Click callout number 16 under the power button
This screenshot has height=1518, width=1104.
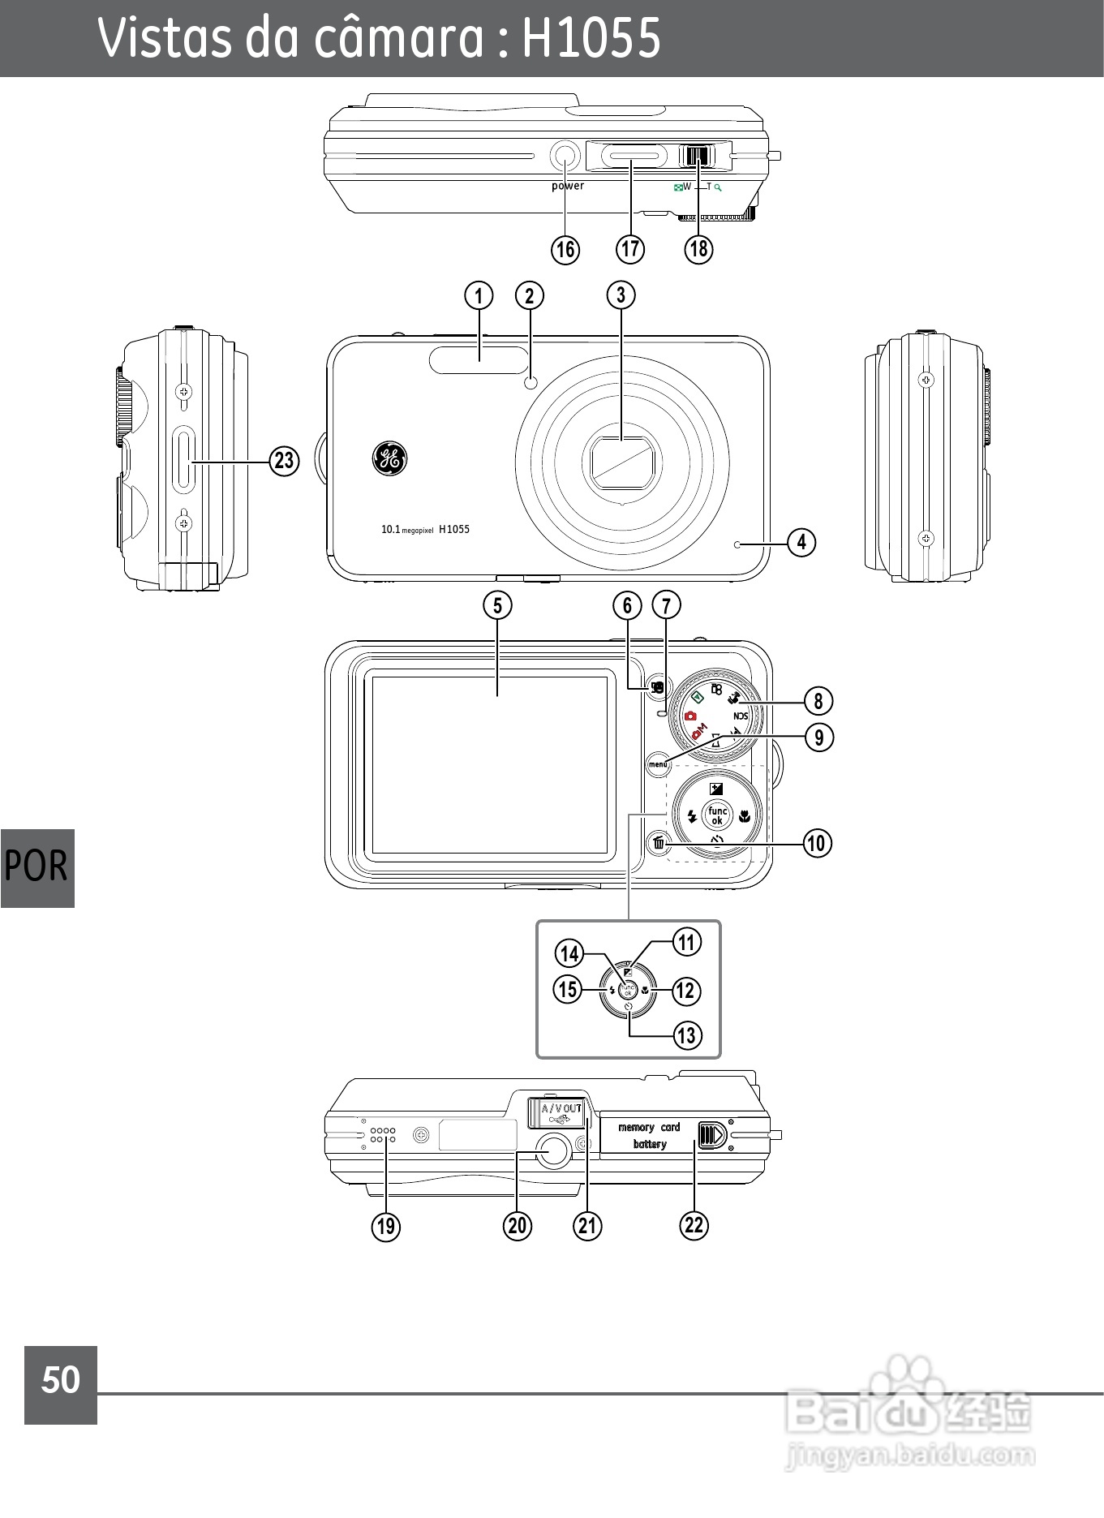[x=565, y=249]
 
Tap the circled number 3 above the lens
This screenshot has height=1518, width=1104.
[x=621, y=295]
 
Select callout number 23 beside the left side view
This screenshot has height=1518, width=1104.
[x=284, y=461]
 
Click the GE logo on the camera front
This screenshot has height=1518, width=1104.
[x=389, y=459]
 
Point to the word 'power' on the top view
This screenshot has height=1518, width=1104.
[x=568, y=186]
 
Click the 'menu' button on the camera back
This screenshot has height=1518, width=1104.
[x=658, y=764]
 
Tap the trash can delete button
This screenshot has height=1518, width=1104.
[x=659, y=844]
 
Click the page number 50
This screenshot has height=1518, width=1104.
[x=61, y=1380]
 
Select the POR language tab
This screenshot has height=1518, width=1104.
[x=37, y=867]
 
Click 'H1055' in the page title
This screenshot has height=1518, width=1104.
[x=591, y=37]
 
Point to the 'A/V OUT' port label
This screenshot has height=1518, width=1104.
[x=561, y=1108]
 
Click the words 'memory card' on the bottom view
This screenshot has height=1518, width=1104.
[x=649, y=1127]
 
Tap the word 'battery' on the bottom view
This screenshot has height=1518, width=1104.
[x=650, y=1144]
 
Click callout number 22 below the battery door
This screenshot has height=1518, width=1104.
[x=694, y=1224]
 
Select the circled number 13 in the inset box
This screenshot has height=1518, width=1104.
[x=687, y=1034]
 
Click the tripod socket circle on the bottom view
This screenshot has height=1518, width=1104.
[x=553, y=1150]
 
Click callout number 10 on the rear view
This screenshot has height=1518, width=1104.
[x=817, y=843]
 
